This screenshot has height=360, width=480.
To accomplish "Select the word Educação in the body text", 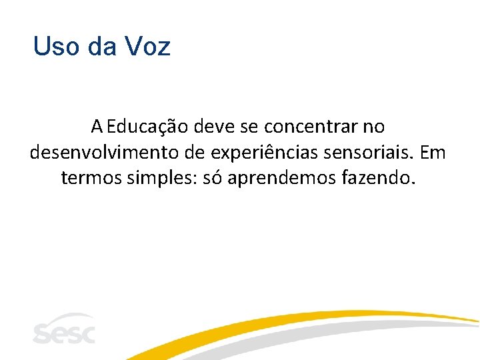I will point(143,126).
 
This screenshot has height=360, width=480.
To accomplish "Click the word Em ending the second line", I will point(433,153).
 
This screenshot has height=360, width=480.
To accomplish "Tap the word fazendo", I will point(379,179).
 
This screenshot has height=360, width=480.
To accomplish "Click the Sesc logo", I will point(64,329).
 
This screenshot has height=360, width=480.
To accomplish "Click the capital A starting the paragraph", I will point(97,126).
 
